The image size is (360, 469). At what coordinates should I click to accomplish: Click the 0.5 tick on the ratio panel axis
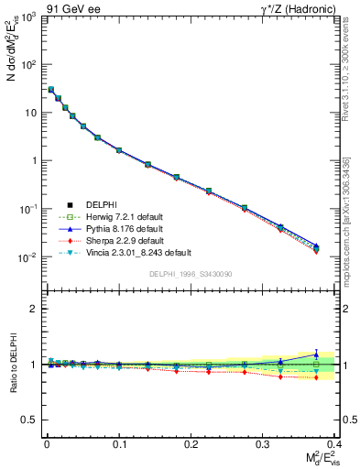click(30, 420)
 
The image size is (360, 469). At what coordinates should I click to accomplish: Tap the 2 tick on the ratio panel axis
click(36, 309)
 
